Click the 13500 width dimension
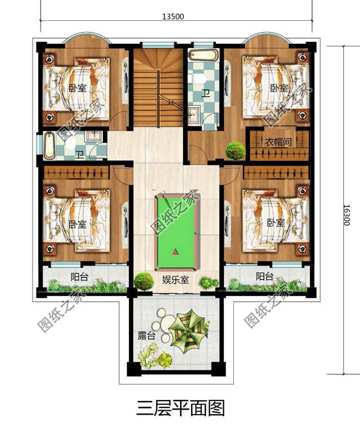pos(173,16)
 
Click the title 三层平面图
pos(180,407)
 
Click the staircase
pos(158,88)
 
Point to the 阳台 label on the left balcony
pos(79,276)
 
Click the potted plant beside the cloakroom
pos(236,150)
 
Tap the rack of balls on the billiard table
pos(175,252)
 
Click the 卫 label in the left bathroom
pos(79,154)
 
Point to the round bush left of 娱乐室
pos(144,280)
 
